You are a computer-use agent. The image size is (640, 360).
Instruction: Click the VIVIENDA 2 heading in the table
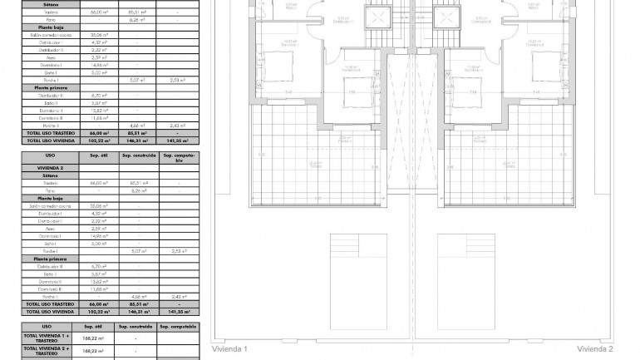coord(50,167)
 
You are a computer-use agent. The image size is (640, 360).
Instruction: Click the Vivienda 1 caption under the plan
coord(229,349)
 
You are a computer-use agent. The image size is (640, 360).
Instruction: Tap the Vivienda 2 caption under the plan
coord(595,349)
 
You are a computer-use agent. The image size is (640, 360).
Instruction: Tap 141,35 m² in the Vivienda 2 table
coord(179,313)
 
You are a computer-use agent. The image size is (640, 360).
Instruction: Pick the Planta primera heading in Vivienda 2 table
coord(50,259)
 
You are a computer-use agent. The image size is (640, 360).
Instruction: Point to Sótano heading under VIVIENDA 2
coord(50,175)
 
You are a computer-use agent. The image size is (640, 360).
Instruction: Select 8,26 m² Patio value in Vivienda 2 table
coord(138,190)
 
